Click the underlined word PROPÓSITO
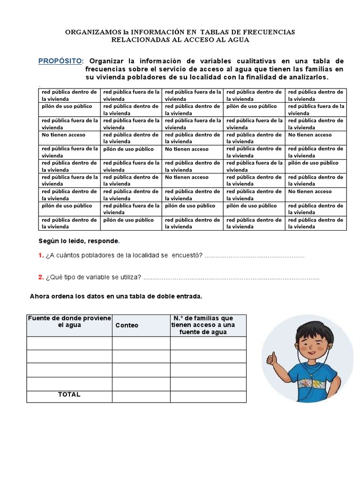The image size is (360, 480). point(60,61)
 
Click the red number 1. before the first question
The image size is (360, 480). point(41,255)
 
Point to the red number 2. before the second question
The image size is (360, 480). point(41,277)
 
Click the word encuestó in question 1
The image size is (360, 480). point(187,255)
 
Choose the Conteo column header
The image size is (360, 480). point(127,325)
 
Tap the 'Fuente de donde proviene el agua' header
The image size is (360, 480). point(69,322)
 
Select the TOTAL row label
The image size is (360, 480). point(69,395)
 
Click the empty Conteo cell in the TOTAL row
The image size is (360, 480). point(141,397)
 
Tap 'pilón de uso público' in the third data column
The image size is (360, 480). point(190,206)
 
